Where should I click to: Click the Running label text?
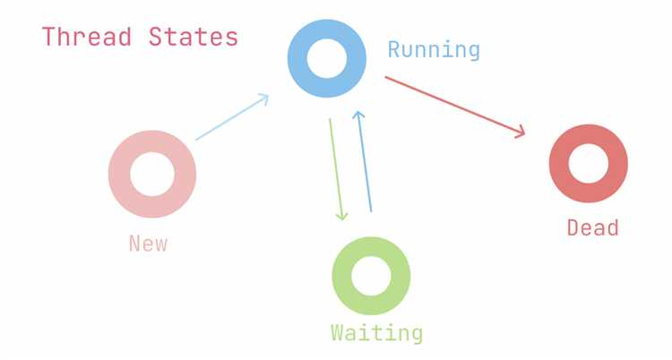434,49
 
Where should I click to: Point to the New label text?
148,243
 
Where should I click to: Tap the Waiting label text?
376,333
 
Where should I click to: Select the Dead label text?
592,227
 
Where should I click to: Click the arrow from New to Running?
232,117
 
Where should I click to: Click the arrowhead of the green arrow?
340,215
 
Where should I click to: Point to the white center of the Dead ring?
589,164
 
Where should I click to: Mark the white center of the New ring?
152,175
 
